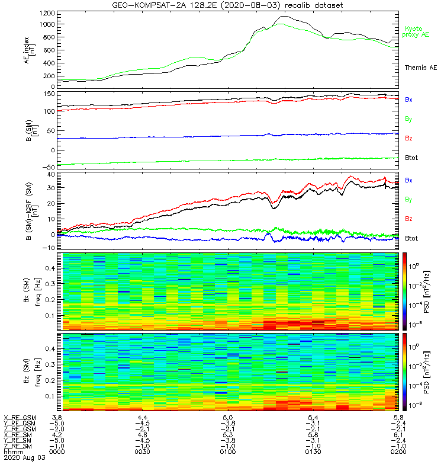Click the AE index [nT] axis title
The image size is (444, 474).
click(x=29, y=50)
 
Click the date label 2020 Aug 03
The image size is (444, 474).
click(x=21, y=457)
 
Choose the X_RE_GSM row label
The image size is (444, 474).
click(x=20, y=418)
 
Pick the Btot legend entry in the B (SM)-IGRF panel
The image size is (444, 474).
click(x=412, y=238)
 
